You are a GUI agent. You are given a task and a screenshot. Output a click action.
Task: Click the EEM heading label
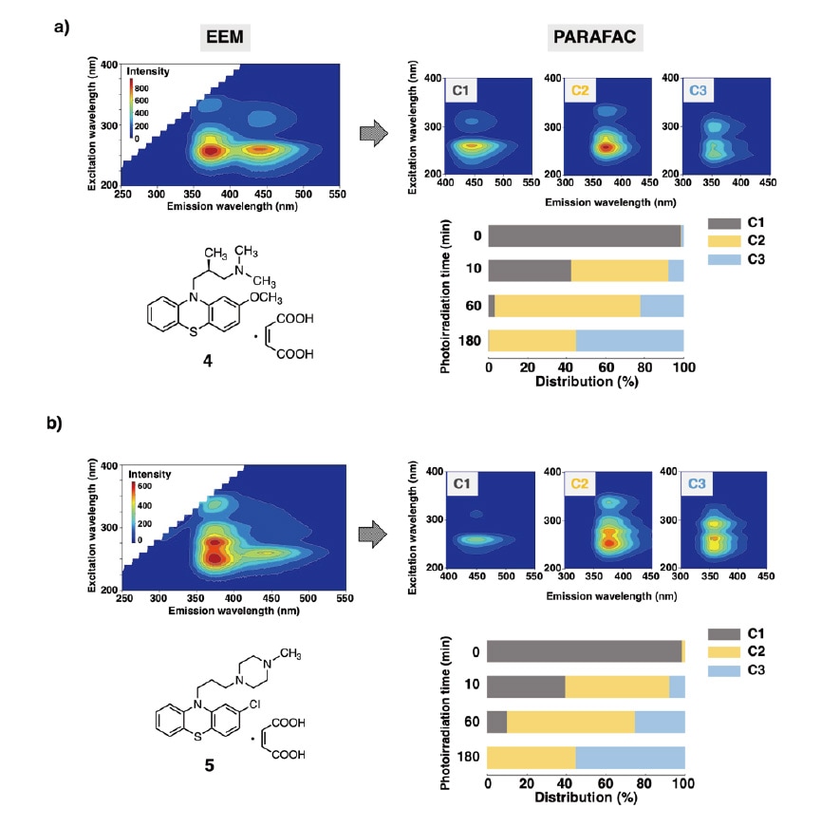[x=227, y=37]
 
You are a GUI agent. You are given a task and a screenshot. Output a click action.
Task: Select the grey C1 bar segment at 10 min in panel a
[x=530, y=271]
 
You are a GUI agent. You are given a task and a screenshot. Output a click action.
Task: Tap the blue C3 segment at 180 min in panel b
[x=629, y=757]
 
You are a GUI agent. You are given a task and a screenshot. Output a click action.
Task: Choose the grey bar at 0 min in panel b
[x=584, y=650]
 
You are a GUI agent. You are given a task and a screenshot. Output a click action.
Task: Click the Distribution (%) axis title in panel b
[x=585, y=798]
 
